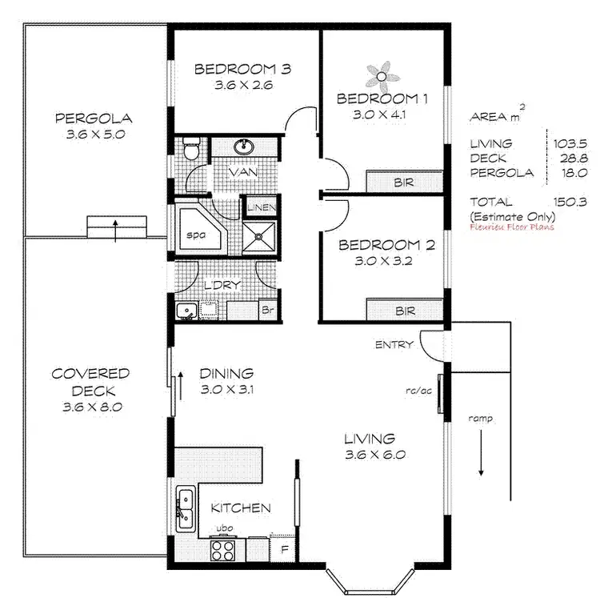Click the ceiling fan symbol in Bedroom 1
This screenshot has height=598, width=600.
[382, 76]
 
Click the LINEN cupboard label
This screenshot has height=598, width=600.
[262, 208]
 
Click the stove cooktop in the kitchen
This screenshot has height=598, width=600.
[222, 549]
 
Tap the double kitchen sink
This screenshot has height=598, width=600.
[184, 507]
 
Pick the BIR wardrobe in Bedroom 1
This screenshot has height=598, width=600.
[404, 183]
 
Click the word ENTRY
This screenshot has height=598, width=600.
[394, 345]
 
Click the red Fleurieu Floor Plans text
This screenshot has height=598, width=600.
[512, 227]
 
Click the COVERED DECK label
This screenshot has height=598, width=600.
[90, 383]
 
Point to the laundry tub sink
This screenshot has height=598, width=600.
[188, 310]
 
